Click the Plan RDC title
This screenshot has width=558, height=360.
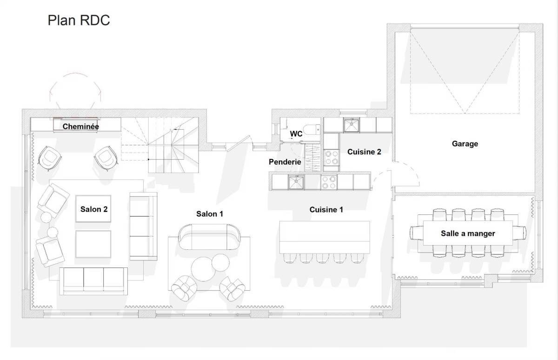pyautogui.click(x=79, y=21)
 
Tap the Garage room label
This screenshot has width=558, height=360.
pyautogui.click(x=465, y=144)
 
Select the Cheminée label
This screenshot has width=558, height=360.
pyautogui.click(x=81, y=126)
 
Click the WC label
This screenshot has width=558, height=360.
pyautogui.click(x=296, y=134)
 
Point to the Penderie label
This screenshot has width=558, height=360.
pyautogui.click(x=285, y=162)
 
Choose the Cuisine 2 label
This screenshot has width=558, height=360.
pyautogui.click(x=364, y=152)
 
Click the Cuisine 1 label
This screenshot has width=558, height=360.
pyautogui.click(x=326, y=210)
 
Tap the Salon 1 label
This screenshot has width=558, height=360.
pyautogui.click(x=209, y=214)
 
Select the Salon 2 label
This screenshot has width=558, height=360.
pyautogui.click(x=94, y=209)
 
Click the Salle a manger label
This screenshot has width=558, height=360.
pyautogui.click(x=467, y=233)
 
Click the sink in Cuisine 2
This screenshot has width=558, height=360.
pyautogui.click(x=352, y=125)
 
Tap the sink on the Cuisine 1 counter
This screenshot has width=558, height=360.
pyautogui.click(x=296, y=182)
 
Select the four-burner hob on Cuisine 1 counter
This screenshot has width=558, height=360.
pyautogui.click(x=329, y=182)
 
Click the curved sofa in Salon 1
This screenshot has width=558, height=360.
pyautogui.click(x=206, y=237)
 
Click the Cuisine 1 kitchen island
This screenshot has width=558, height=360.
pyautogui.click(x=325, y=237)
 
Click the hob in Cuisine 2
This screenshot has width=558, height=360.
pyautogui.click(x=331, y=157)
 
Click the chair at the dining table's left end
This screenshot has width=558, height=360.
pyautogui.click(x=415, y=232)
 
